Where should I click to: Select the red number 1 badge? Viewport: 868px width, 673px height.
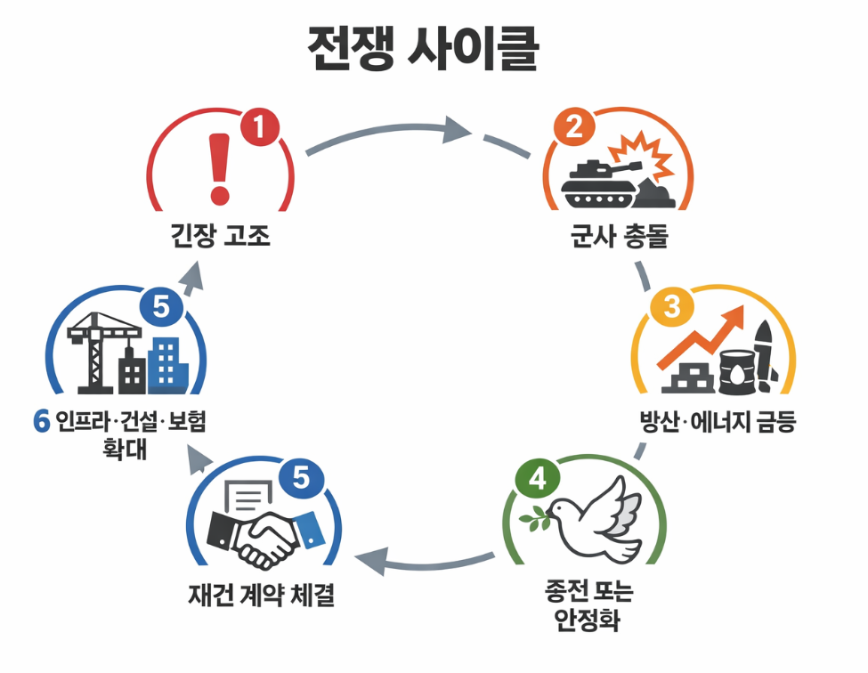coord(259,129)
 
